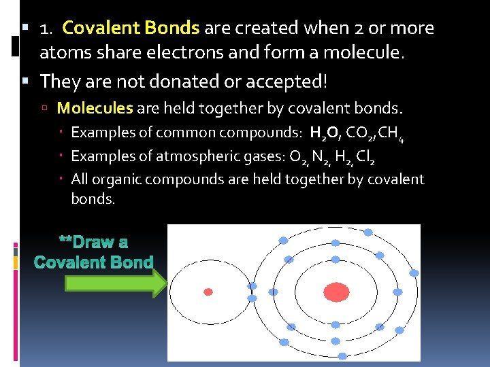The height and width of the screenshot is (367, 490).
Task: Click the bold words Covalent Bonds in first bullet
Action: coord(131,29)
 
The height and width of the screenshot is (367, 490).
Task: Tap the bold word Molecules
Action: coord(95,108)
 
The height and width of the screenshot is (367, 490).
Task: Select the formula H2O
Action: coord(325,133)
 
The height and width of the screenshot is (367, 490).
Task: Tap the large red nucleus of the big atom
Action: coord(335,292)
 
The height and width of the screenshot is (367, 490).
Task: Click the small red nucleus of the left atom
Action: coord(208,292)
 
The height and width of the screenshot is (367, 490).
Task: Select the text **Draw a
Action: coord(93,243)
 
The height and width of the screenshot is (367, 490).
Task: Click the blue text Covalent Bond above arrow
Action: coord(93,262)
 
